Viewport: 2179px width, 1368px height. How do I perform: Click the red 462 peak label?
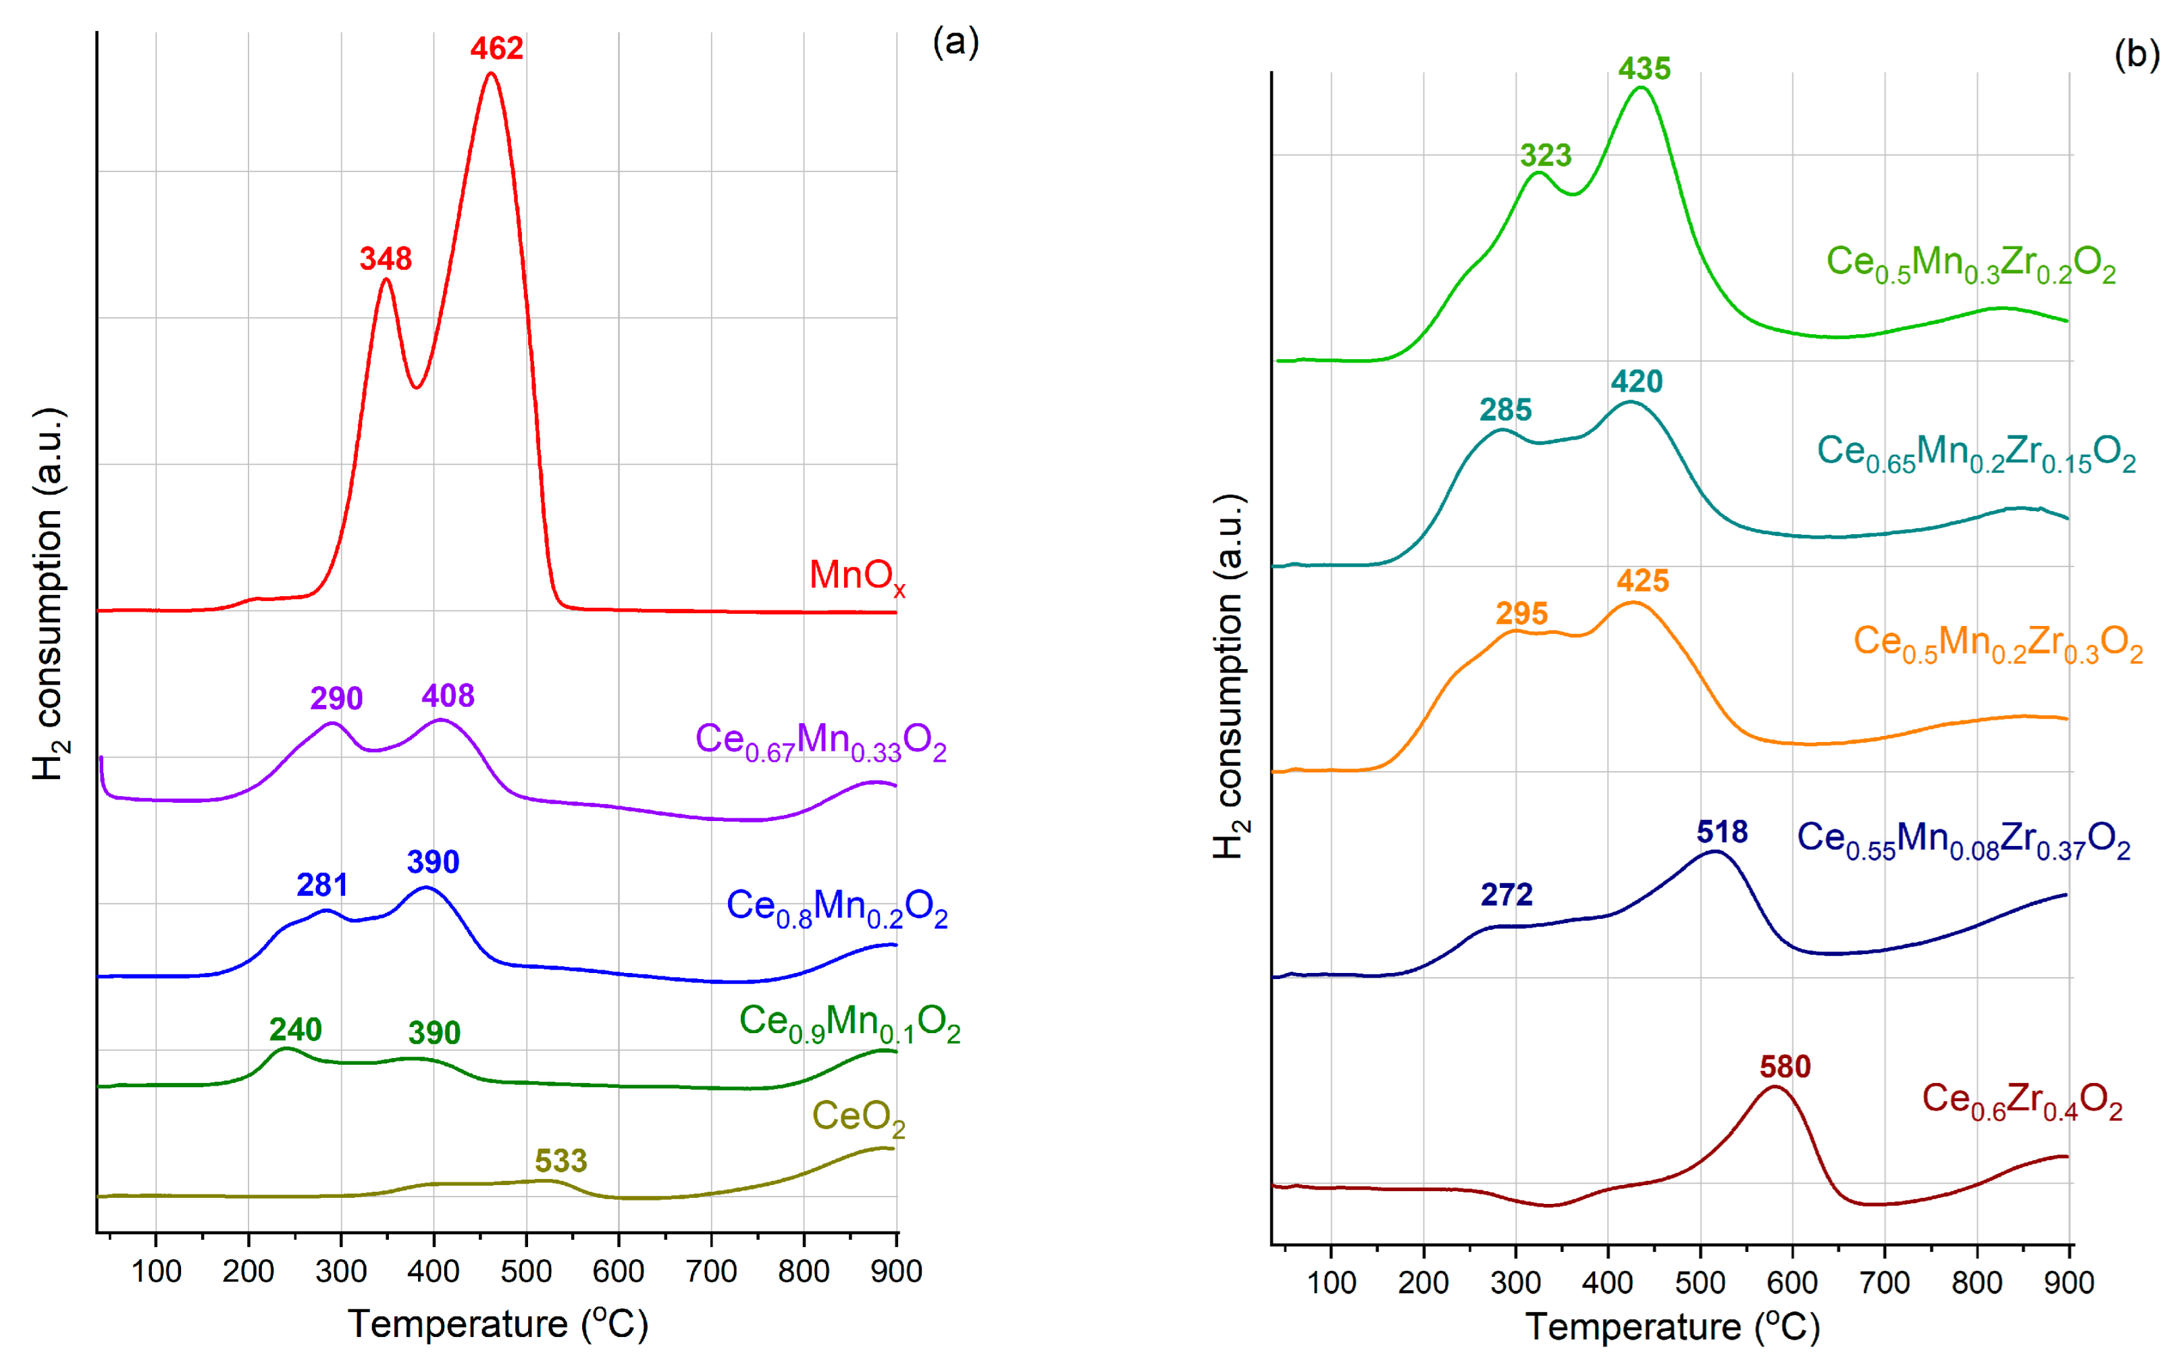click(x=496, y=48)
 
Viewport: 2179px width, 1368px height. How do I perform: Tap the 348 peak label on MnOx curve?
click(x=386, y=259)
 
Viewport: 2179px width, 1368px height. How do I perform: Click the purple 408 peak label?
click(x=448, y=695)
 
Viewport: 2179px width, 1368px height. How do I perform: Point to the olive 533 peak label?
click(x=561, y=1161)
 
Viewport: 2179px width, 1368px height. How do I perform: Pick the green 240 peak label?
click(x=295, y=1030)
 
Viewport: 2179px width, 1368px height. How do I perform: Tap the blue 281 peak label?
click(x=322, y=885)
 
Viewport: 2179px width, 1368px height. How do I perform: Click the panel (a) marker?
click(x=955, y=42)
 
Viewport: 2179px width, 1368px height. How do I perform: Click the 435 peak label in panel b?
click(x=1644, y=69)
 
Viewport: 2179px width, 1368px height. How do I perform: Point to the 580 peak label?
click(x=1785, y=1067)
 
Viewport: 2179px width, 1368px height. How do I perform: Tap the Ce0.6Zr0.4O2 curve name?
click(x=2022, y=1101)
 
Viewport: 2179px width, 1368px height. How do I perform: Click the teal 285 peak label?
click(x=1505, y=410)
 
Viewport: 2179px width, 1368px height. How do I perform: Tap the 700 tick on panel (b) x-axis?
click(x=1884, y=1282)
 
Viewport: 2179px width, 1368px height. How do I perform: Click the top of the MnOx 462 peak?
click(x=491, y=74)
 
